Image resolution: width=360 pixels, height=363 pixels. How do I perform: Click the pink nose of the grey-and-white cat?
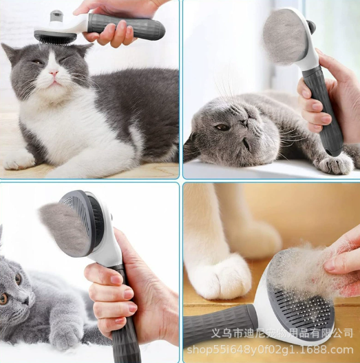point(54,73)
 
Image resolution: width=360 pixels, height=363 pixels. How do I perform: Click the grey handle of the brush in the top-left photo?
point(127,27)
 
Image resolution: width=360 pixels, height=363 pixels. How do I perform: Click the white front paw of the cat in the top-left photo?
point(20,160)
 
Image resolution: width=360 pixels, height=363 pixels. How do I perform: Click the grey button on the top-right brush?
point(311,25)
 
